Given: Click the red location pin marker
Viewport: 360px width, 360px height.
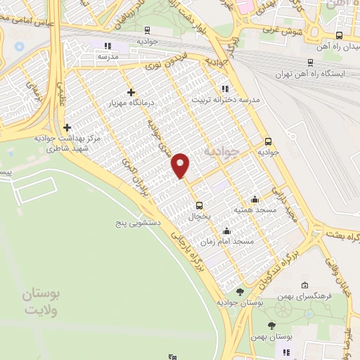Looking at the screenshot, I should click(181, 165).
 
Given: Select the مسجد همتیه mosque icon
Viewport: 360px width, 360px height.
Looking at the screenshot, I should click(255, 199).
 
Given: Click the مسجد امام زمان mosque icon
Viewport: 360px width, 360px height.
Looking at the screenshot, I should click(226, 231).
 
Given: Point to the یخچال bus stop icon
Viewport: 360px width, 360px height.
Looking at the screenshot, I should click(200, 206).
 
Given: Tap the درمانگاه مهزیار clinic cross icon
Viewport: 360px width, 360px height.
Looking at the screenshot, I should click(131, 92).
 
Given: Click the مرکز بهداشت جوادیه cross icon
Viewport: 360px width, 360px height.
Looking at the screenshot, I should click(67, 127).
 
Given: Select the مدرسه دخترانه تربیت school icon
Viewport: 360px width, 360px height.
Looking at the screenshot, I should click(224, 89).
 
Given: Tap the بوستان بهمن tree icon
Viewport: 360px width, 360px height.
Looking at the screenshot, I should click(272, 326).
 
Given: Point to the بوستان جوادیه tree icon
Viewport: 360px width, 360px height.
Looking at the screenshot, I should click(240, 292).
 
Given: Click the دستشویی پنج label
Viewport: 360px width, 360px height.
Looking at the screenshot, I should click(139, 223).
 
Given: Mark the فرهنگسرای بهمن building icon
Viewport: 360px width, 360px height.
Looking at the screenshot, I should click(304, 285).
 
